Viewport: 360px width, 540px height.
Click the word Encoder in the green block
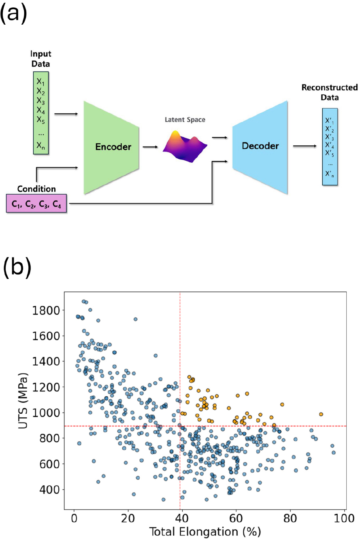[x=113, y=147]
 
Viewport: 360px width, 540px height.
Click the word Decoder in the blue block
[x=260, y=146]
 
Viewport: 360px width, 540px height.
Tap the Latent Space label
[x=185, y=119]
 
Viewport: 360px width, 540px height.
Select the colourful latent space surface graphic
[x=185, y=146]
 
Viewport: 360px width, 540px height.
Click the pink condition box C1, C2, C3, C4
[x=36, y=203]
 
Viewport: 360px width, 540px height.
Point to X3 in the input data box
[x=40, y=101]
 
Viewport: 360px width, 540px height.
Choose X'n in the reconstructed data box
[x=330, y=174]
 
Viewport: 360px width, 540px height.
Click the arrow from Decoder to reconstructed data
[x=305, y=146]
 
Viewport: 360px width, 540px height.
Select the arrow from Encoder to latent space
[x=150, y=147]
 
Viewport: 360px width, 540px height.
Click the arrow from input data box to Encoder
[x=66, y=114]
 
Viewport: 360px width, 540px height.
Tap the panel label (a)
[x=14, y=14]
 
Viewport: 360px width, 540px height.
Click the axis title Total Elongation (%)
[x=205, y=531]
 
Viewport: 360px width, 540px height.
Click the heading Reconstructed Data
[x=330, y=92]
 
